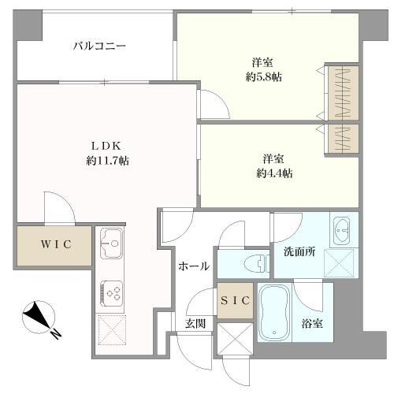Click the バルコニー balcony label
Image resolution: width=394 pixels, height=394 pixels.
coord(99,46)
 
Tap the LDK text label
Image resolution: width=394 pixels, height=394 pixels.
coord(108,146)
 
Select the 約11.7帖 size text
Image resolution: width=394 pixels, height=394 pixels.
coord(108,161)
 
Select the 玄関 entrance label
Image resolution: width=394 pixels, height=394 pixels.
coord(195,323)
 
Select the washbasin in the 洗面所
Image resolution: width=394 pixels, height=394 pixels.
coord(343,232)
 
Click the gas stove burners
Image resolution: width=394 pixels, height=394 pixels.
coord(113,294)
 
